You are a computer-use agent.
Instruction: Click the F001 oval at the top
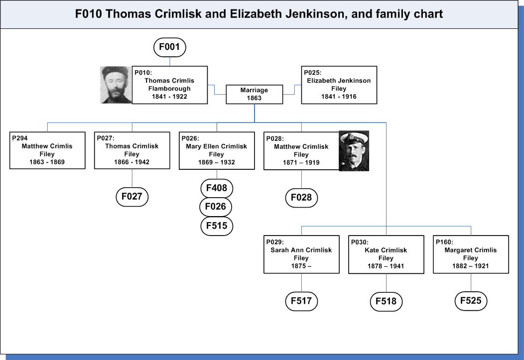point(170,47)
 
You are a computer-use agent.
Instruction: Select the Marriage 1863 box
point(255,95)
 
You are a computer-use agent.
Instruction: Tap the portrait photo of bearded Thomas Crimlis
point(116,85)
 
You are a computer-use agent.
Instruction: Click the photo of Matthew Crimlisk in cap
point(354,151)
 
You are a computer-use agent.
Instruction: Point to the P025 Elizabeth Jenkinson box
point(339,85)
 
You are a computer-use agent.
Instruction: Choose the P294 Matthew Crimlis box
point(47,150)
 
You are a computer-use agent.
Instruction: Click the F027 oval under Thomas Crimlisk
point(132,197)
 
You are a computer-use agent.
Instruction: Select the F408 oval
point(217,188)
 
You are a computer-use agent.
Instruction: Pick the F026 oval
point(216,207)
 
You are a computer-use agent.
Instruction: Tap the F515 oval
point(217,226)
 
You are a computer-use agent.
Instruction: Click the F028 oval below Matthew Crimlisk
point(301,198)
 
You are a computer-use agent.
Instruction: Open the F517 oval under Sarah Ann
point(301,301)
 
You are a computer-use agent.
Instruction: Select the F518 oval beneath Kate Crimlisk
point(387,302)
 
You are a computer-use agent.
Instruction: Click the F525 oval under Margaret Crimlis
point(471,301)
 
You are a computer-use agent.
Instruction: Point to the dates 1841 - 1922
point(169,97)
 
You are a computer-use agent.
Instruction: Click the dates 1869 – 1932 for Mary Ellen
point(217,162)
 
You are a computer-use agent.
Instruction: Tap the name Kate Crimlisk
point(386,250)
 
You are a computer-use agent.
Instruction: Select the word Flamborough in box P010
point(169,89)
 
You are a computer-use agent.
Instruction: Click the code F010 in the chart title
point(88,14)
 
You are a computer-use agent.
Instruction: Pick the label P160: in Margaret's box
point(444,242)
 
